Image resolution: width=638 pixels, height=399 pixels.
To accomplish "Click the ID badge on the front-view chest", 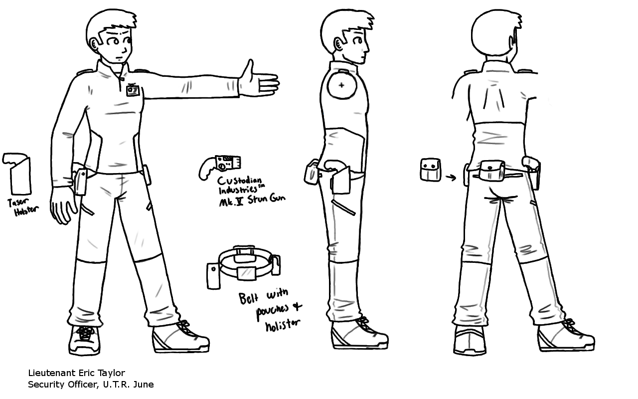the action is [x=131, y=89].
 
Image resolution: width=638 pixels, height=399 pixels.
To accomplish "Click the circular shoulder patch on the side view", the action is [x=342, y=85].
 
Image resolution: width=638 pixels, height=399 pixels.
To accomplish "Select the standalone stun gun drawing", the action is [x=220, y=167].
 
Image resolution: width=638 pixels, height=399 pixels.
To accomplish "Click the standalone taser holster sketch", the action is [x=18, y=174].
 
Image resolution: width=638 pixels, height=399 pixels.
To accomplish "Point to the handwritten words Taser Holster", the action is [x=23, y=207].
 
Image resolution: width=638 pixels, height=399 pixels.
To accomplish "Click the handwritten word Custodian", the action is [x=239, y=181].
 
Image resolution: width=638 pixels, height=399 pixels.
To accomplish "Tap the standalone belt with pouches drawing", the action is [x=244, y=266].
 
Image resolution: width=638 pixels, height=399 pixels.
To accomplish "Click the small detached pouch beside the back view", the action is [x=430, y=170].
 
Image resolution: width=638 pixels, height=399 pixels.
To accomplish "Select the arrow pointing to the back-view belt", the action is [x=451, y=178].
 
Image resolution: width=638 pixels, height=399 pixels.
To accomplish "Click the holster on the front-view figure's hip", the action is [x=80, y=182].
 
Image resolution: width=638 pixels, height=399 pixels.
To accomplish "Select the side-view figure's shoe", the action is [x=359, y=334].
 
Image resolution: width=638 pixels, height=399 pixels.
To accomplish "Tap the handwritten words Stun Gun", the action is [x=266, y=199].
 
